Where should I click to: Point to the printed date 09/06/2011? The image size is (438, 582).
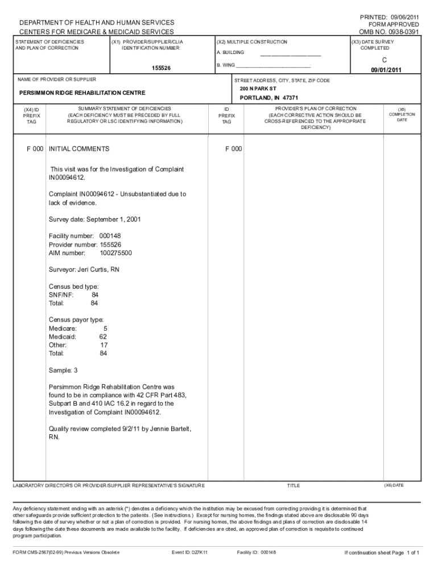(403, 16)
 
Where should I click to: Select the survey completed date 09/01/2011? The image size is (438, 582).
(386, 70)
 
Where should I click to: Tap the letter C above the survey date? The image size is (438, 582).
(385, 60)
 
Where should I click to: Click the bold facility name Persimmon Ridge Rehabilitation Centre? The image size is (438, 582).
(82, 93)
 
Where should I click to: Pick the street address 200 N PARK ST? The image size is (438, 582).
(258, 89)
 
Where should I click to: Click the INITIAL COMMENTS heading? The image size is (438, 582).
(79, 149)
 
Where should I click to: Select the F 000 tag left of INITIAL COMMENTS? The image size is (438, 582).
(35, 149)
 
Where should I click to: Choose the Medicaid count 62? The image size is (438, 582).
(103, 336)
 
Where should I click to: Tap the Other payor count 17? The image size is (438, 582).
(104, 345)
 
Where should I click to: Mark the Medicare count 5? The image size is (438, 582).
(105, 329)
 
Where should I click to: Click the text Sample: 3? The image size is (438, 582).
(63, 370)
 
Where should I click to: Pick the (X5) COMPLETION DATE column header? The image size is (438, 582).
(402, 114)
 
